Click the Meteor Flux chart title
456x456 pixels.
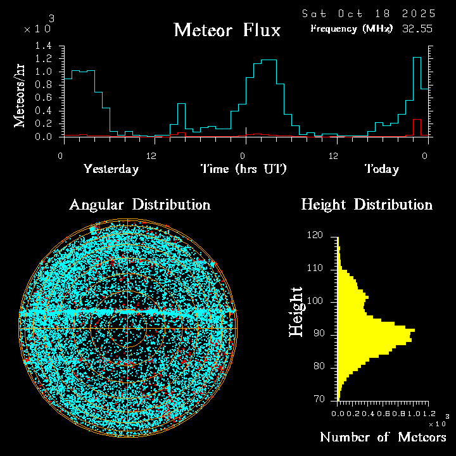227,30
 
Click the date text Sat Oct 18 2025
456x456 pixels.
368,13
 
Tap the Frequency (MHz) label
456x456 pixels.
351,29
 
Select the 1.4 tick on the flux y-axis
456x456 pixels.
44,46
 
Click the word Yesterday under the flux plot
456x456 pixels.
111,169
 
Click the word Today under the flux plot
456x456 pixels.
381,169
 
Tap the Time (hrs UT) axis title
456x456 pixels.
244,169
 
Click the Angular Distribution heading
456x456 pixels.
140,205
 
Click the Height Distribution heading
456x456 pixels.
367,205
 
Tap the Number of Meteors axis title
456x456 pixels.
383,438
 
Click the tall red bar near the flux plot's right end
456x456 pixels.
417,127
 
